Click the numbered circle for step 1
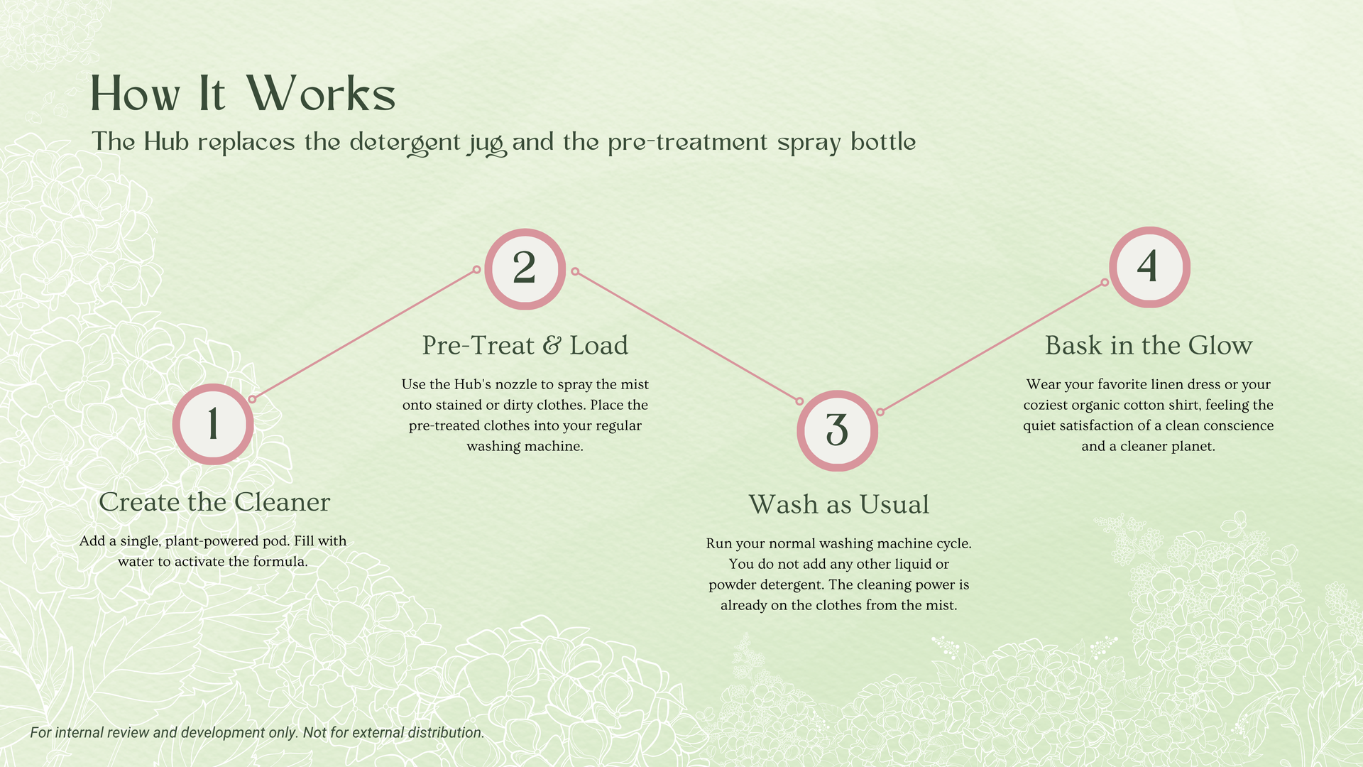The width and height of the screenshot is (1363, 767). [213, 425]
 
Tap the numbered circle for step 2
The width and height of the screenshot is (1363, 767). [525, 269]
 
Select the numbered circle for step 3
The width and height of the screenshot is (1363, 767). [837, 431]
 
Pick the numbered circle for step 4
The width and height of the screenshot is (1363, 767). [1149, 267]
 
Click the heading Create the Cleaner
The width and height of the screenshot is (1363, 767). [214, 502]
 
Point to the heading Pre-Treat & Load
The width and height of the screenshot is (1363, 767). [525, 346]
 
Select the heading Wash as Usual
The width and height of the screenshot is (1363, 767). [838, 505]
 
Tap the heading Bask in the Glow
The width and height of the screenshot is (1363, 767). [1148, 346]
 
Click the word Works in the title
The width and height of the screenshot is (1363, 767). [321, 94]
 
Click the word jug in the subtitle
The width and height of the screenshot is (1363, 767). [486, 143]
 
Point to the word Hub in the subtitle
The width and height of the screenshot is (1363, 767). [166, 142]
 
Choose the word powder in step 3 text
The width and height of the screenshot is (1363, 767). [732, 585]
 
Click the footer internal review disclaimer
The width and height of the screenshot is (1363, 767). [257, 732]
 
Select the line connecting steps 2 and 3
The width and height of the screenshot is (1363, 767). [687, 336]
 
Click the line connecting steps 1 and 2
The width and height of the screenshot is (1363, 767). [364, 334]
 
